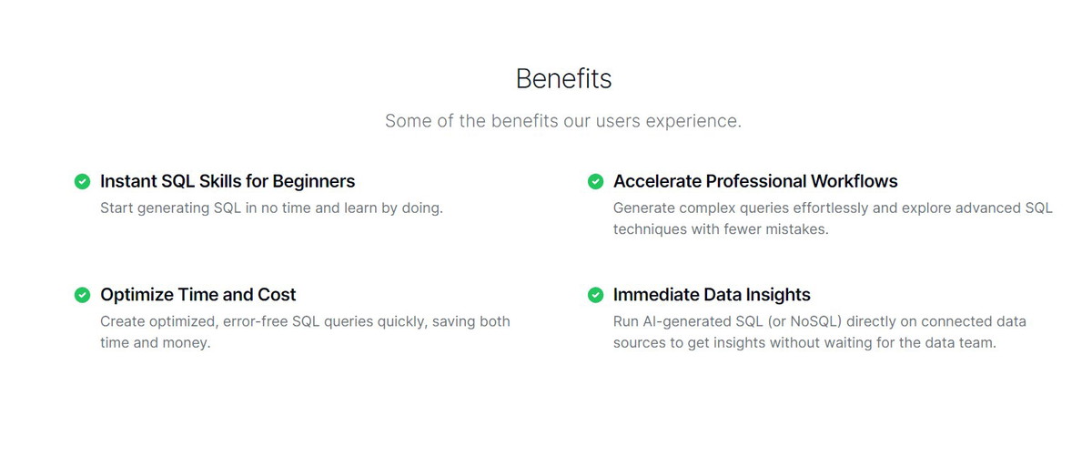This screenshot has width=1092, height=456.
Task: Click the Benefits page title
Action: [563, 78]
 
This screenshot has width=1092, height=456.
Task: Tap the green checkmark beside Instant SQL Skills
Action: [83, 181]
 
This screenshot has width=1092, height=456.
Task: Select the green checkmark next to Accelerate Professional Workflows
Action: [595, 181]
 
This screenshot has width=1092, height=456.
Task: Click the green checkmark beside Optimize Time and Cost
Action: [83, 295]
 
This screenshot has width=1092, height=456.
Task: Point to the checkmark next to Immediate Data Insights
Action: [595, 295]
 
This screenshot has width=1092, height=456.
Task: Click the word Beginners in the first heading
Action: [313, 182]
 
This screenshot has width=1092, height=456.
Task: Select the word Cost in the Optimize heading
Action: [277, 295]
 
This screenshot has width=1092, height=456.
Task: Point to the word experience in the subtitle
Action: [693, 121]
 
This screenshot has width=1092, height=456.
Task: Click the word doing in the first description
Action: [422, 208]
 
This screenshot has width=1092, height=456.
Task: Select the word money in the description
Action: [187, 343]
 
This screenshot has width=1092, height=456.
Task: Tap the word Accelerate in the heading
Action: [657, 181]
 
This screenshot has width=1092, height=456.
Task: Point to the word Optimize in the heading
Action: [137, 295]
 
